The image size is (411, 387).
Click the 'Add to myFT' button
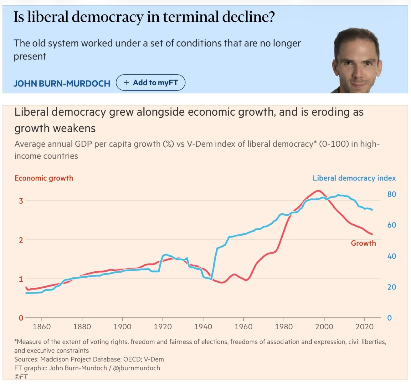pos(151,83)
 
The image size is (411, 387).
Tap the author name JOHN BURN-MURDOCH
pos(62,84)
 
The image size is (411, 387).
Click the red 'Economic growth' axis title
pos(44,178)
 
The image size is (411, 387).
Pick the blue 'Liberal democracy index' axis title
pos(354,178)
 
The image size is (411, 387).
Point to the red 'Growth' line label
pos(363,243)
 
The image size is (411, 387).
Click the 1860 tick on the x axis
pos(42,327)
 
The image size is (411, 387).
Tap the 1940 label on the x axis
pos(203,327)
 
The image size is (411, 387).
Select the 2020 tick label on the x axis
pos(364,327)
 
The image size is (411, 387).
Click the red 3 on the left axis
pos(21,201)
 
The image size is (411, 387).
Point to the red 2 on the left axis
pos(21,240)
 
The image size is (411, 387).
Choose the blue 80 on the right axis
pos(392,194)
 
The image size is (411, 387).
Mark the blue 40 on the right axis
pos(392,256)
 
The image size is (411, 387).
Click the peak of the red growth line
pos(318,191)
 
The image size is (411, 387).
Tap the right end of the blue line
pos(372,210)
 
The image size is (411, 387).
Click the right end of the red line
pos(372,234)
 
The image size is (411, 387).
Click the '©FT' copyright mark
pos(21,377)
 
